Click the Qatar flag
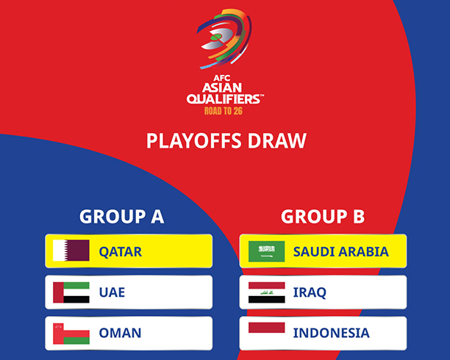point(71,251)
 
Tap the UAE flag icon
point(71,292)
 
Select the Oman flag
point(71,334)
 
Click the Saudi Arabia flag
point(267,251)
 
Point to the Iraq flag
point(267,292)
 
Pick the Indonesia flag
point(267,328)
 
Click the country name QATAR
point(121,252)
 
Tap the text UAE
point(112,292)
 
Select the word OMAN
point(120,333)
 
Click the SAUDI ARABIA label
point(340,251)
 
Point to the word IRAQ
point(310,293)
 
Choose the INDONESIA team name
point(331,333)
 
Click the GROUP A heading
point(121,217)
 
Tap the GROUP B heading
point(323,217)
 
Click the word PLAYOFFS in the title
point(193,141)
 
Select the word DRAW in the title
point(277,141)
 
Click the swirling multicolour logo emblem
point(224,39)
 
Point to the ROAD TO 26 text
point(224,111)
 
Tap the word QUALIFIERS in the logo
point(224,99)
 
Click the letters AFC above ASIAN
point(222,78)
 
